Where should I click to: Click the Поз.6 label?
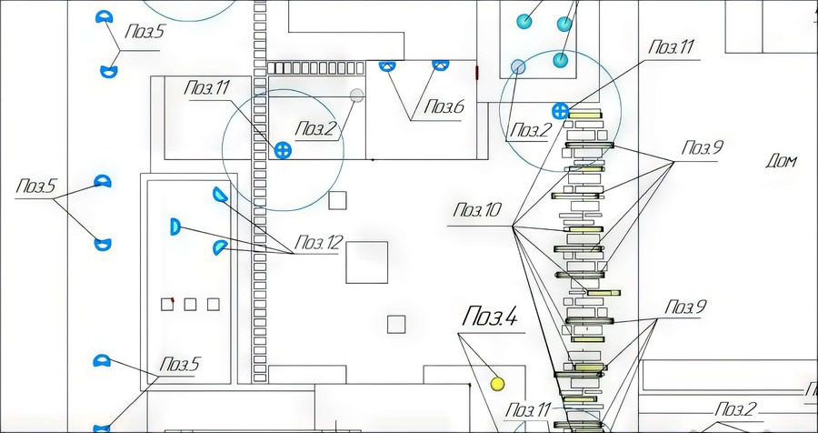pyautogui.click(x=444, y=107)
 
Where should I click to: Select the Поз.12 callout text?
pyautogui.click(x=319, y=243)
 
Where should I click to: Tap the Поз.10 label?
pyautogui.click(x=477, y=210)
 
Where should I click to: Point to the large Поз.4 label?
pyautogui.click(x=490, y=317)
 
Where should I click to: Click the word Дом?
pyautogui.click(x=781, y=161)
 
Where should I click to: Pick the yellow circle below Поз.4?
pyautogui.click(x=498, y=385)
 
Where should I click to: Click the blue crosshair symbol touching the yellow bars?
pyautogui.click(x=560, y=111)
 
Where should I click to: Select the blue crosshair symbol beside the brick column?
pyautogui.click(x=283, y=150)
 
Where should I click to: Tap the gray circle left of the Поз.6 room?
pyautogui.click(x=357, y=96)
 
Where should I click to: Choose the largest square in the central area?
pyautogui.click(x=367, y=262)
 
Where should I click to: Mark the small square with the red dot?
pyautogui.click(x=167, y=304)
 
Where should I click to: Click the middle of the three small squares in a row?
pyautogui.click(x=190, y=304)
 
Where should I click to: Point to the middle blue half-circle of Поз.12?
pyautogui.click(x=175, y=227)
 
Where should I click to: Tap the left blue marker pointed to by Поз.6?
pyautogui.click(x=387, y=65)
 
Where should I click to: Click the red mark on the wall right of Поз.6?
pyautogui.click(x=477, y=73)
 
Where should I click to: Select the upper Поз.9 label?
pyautogui.click(x=703, y=147)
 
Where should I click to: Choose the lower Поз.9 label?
pyautogui.click(x=685, y=307)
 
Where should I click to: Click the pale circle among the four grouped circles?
pyautogui.click(x=518, y=66)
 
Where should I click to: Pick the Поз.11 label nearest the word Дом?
pyautogui.click(x=672, y=47)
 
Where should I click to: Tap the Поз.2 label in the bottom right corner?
pyautogui.click(x=735, y=409)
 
